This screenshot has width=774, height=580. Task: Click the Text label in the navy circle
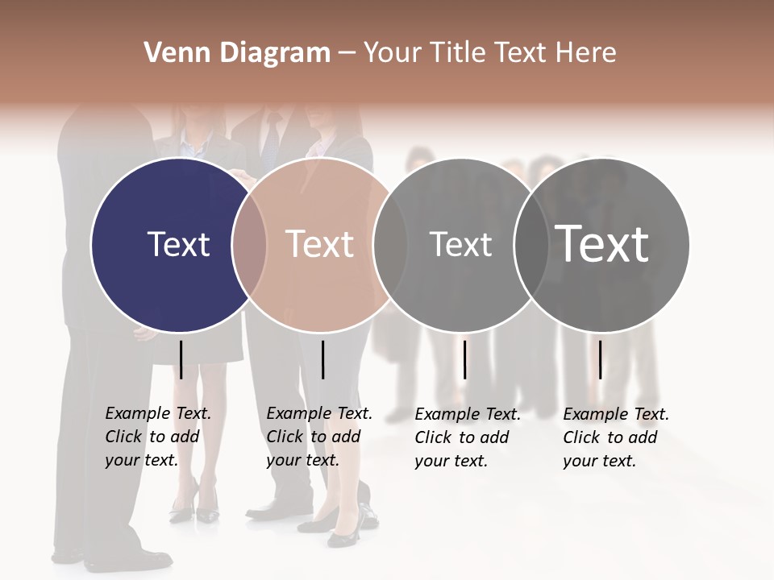178,244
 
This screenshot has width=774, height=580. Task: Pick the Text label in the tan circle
319,244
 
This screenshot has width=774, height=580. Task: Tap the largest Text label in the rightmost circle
602,243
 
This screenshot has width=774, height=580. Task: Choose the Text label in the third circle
460,244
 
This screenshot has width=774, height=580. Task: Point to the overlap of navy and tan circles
249,244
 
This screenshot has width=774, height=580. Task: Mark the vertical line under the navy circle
181,359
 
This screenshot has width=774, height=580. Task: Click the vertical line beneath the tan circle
322,359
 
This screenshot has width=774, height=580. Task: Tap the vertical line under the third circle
464,359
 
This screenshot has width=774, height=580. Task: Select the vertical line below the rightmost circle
600,359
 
